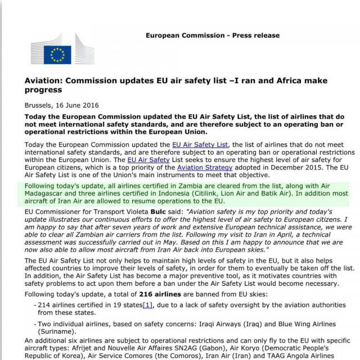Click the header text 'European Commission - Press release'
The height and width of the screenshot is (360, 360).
point(212,35)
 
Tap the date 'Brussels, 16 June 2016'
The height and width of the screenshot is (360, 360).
point(62,105)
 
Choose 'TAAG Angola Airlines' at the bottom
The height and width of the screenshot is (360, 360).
point(304,355)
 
